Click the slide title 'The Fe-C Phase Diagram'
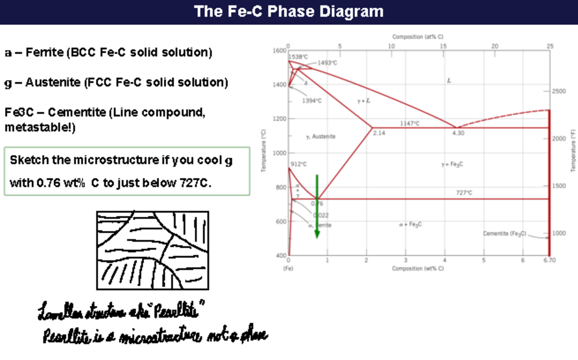289,12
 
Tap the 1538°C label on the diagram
298,57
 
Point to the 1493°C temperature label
328,63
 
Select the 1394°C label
312,101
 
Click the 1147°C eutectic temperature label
410,123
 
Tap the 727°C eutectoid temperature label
463,193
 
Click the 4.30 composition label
458,133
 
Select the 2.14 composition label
379,133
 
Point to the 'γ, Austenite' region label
320,137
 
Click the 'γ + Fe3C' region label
452,164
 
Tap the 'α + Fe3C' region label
411,225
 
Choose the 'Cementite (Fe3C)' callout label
504,233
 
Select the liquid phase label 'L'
449,81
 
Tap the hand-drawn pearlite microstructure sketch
153,251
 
